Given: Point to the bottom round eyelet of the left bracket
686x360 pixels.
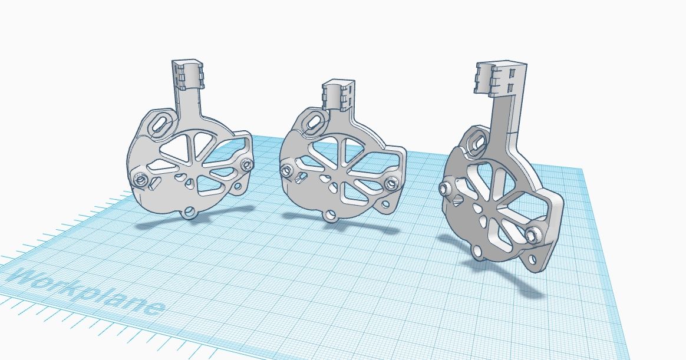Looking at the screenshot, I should [x=189, y=212].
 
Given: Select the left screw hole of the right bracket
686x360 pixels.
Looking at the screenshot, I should [x=446, y=189].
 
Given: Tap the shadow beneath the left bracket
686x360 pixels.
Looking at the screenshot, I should [x=177, y=224].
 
